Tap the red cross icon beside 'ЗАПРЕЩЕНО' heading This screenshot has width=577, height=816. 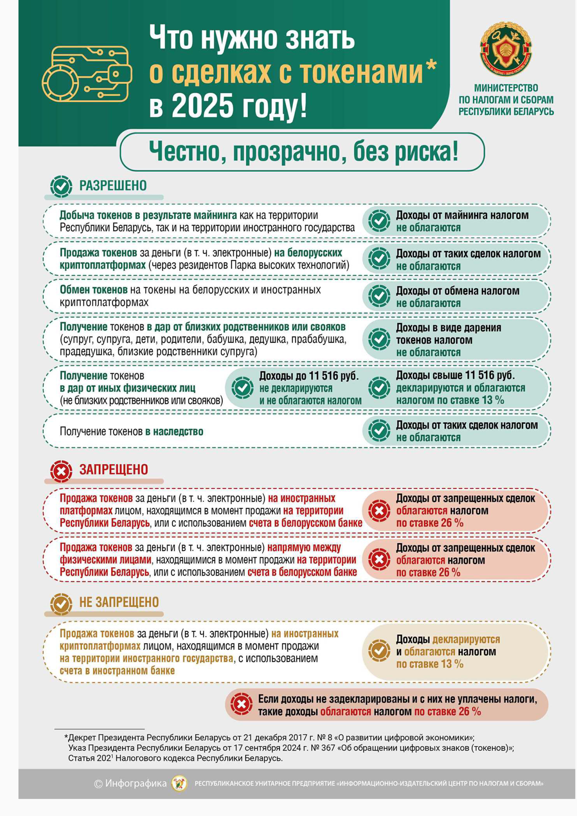pos(61,472)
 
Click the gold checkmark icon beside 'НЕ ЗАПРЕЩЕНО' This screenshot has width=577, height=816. pos(61,603)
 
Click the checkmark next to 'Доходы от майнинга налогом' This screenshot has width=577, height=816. pos(379,221)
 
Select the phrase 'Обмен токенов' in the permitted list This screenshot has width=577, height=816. pos(94,290)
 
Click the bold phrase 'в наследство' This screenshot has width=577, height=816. pos(174,431)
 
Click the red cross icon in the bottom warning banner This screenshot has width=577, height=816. pos(242,704)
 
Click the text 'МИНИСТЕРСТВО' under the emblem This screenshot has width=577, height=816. pos(506,88)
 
